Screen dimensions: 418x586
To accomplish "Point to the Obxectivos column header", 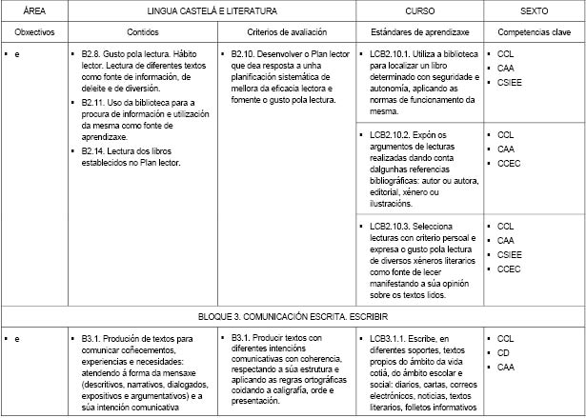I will point(35,31).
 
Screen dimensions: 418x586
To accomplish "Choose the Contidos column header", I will point(144,31).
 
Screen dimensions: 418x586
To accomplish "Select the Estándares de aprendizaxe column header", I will point(418,31).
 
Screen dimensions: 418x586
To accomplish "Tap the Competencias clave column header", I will point(533,31).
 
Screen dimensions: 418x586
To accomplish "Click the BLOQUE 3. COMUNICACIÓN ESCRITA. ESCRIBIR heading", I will point(293,314).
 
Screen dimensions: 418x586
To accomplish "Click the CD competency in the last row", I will point(504,352).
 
